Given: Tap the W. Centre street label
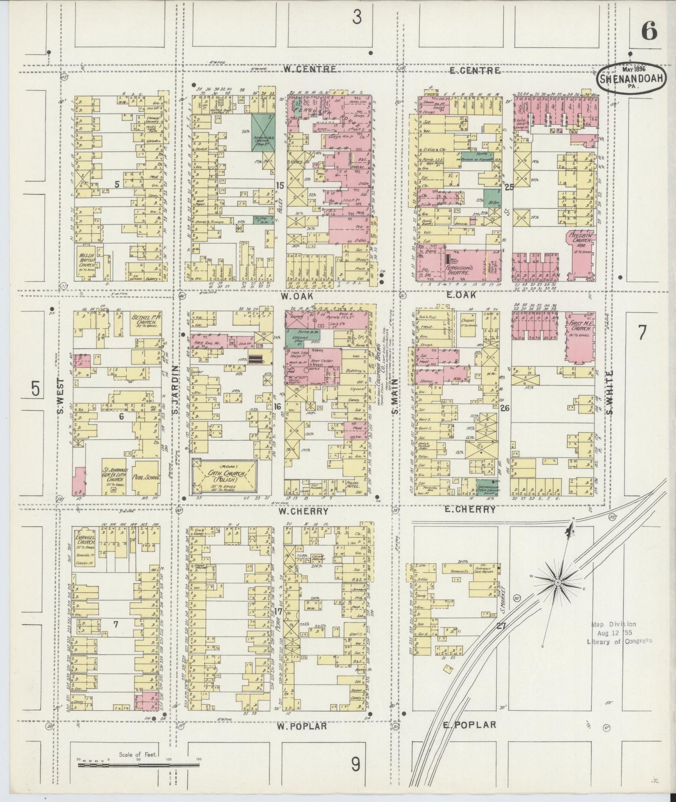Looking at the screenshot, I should tap(310, 69).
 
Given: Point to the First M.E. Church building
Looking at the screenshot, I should tap(580, 336).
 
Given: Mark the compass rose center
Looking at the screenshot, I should tap(558, 582).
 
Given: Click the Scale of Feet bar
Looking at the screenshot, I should tap(138, 766).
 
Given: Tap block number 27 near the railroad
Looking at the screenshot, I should tap(501, 625).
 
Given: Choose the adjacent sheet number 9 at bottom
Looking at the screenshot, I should tap(356, 765).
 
